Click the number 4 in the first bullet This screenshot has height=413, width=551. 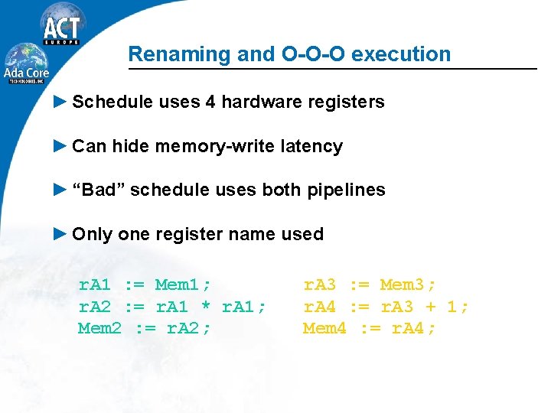(x=210, y=102)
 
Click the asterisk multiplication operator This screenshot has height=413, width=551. (x=206, y=307)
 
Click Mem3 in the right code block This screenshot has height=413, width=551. (x=408, y=285)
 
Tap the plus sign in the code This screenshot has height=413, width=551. (x=431, y=307)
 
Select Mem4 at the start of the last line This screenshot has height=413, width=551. (x=324, y=329)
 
